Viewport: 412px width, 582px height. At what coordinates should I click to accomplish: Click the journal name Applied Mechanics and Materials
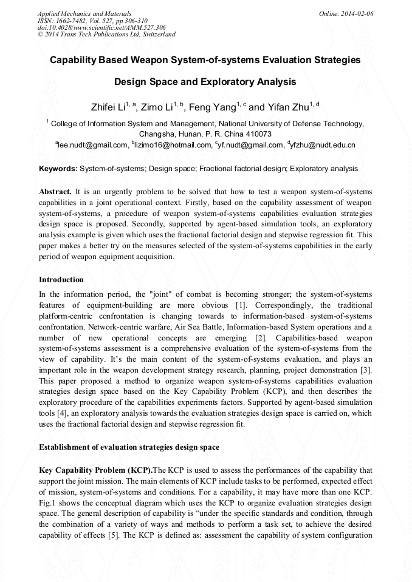click(x=84, y=13)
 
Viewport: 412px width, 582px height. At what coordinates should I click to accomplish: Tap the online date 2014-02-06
click(x=355, y=13)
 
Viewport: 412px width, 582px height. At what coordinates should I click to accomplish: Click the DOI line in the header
click(x=101, y=27)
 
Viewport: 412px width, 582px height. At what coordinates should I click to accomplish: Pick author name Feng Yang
click(x=212, y=108)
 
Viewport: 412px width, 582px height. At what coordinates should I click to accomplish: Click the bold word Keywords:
click(x=58, y=169)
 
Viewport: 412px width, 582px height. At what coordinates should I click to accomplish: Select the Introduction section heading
click(x=61, y=280)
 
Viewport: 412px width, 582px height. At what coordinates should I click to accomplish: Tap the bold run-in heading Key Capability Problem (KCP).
click(x=95, y=470)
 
